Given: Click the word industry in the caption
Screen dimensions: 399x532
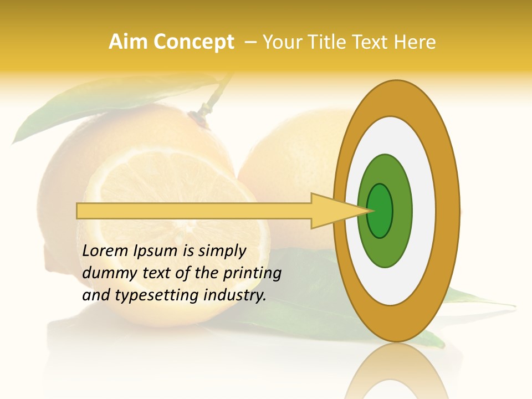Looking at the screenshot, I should (235, 295).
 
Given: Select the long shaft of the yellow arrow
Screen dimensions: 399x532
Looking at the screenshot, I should (194, 211).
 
